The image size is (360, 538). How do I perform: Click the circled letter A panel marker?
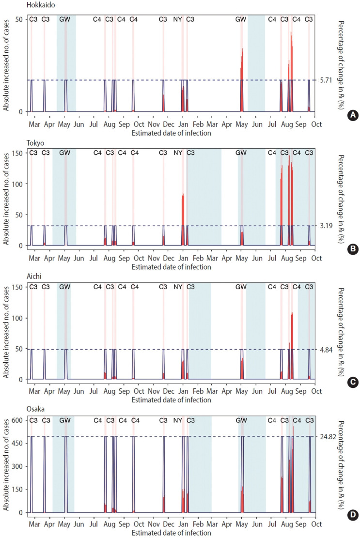[x=353, y=115]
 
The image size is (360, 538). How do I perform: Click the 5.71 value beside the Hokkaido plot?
[x=326, y=80]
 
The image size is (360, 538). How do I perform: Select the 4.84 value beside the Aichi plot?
[x=326, y=349]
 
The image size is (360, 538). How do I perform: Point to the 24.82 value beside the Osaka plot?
[x=328, y=436]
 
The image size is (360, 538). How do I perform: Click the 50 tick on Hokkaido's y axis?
[x=20, y=19]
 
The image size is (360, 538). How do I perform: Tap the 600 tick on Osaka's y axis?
[x=18, y=421]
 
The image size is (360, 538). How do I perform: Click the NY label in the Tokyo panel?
[x=178, y=153]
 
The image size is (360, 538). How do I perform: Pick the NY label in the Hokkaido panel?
[x=178, y=19]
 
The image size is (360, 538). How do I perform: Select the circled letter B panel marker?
[x=353, y=249]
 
